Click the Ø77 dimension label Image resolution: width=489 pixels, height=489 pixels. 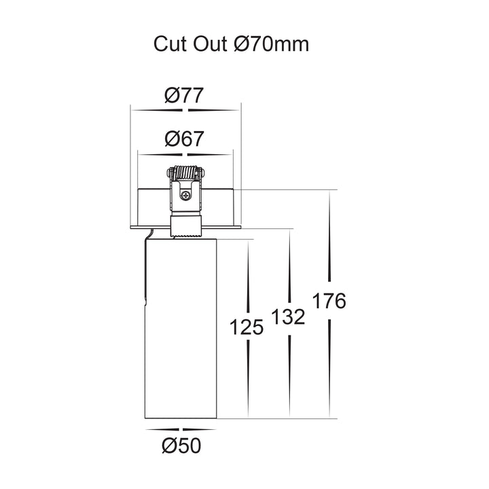(x=184, y=95)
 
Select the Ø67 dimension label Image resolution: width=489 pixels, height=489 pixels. (x=184, y=139)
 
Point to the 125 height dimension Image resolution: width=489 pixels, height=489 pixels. (x=247, y=327)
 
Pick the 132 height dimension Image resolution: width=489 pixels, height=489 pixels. (x=288, y=317)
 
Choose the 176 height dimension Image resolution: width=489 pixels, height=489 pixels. (x=329, y=301)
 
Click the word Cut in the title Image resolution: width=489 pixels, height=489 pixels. (x=170, y=44)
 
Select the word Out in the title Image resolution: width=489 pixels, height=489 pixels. (x=210, y=44)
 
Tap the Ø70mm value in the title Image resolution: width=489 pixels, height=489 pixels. (x=271, y=44)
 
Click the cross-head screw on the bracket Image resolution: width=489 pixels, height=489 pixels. (x=186, y=196)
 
